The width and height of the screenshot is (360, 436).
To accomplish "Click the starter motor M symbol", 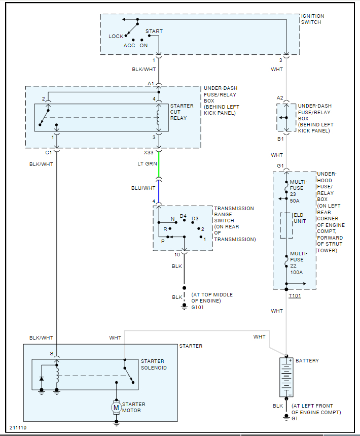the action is pos(116,408).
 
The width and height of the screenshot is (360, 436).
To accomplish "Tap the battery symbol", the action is pos(286,377).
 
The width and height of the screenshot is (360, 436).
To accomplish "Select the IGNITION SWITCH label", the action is pos(312,19).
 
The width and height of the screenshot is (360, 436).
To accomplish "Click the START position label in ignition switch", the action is pos(154,31).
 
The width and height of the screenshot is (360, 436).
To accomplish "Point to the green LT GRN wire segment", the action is pos(159,164).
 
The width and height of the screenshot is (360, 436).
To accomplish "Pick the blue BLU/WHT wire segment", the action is pos(159,192).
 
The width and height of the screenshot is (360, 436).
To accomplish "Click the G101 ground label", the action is pos(197,307).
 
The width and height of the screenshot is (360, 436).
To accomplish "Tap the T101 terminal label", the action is pos(295,295).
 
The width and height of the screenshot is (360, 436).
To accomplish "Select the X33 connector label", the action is pos(149,152).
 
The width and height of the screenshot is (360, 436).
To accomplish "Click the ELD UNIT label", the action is pos(300,218).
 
